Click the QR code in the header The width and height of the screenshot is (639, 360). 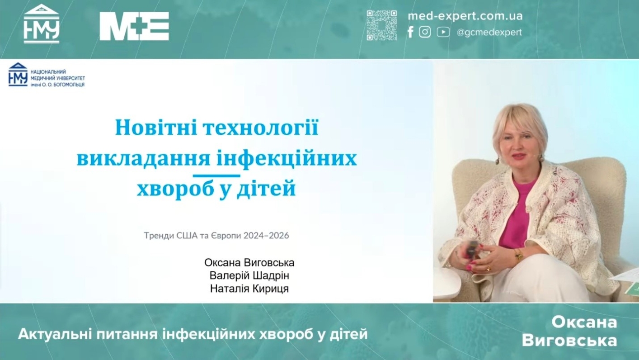(x=382, y=25)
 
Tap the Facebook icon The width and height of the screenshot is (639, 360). (x=410, y=32)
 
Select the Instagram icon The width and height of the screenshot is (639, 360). (x=425, y=32)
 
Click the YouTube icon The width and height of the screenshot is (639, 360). (x=443, y=32)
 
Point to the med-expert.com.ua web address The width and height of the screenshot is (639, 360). (x=465, y=16)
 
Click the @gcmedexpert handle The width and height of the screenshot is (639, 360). (x=489, y=32)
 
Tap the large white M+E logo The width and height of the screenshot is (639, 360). (x=134, y=26)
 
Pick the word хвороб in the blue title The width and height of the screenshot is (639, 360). (x=175, y=189)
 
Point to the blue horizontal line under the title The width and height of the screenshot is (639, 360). (x=216, y=175)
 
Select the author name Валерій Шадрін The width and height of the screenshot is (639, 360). (x=249, y=275)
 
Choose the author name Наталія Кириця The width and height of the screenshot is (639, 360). (x=249, y=289)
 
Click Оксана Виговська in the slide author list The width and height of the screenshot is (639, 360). (x=249, y=263)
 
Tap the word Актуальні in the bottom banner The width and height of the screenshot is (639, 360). (x=55, y=334)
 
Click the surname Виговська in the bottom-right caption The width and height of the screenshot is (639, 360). (x=569, y=341)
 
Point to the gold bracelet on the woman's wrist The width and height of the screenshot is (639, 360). (x=518, y=254)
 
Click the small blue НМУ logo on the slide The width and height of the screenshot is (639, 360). (x=18, y=74)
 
